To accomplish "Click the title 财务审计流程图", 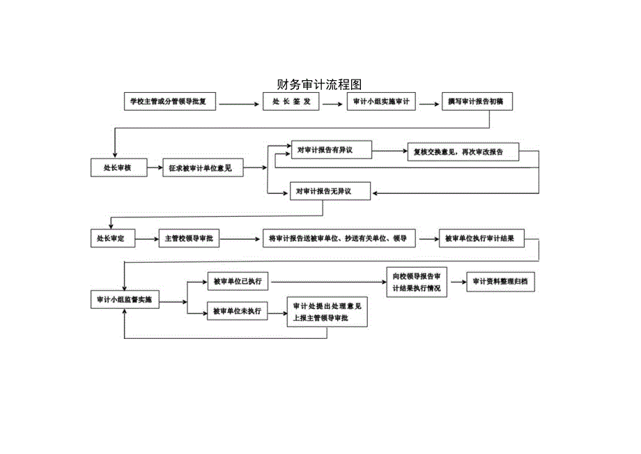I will (x=320, y=84).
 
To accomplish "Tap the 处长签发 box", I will (x=291, y=102).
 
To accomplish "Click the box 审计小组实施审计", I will (x=381, y=102).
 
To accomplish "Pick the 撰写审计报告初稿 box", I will (x=480, y=102).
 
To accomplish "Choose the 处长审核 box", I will (x=118, y=167).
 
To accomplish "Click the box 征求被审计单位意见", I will (x=203, y=168).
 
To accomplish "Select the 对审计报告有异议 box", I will (x=331, y=150).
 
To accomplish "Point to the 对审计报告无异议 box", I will (x=331, y=190).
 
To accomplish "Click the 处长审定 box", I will (x=111, y=239).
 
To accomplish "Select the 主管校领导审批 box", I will (x=189, y=239).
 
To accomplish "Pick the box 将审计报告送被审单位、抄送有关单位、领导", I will (x=338, y=239).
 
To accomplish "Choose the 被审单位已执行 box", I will (x=238, y=282).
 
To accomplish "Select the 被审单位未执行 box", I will (x=238, y=311).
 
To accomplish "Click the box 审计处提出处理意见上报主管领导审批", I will (x=327, y=312).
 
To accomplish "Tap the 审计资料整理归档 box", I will (x=500, y=282).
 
